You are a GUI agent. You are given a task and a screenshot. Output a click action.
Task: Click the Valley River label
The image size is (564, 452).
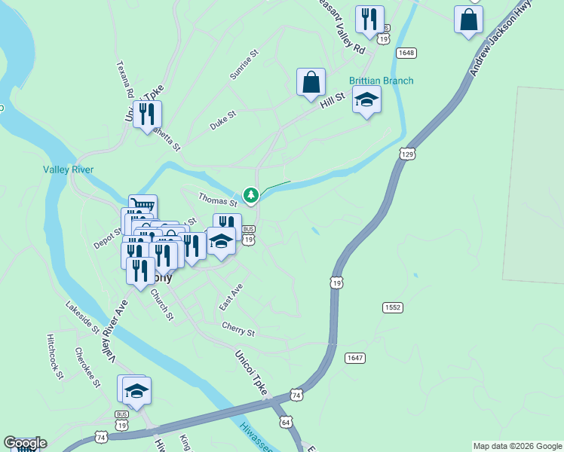pyautogui.click(x=69, y=169)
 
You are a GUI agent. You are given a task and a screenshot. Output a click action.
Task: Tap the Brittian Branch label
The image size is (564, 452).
pyautogui.click(x=381, y=81)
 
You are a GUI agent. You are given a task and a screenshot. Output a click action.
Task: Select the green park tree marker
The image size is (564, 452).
pyautogui.click(x=250, y=196)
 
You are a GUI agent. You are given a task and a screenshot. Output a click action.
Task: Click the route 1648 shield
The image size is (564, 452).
pyautogui.click(x=406, y=52)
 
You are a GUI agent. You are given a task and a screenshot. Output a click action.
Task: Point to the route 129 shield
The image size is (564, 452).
pyautogui.click(x=408, y=154)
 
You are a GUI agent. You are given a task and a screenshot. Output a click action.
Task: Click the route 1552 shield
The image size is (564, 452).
pyautogui.click(x=393, y=307)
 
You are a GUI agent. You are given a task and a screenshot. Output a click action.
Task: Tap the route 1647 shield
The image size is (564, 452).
pyautogui.click(x=354, y=357)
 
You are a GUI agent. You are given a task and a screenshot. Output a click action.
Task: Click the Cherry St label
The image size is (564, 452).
pyautogui.click(x=238, y=328)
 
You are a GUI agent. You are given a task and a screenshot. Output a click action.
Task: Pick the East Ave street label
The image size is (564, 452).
pyautogui.click(x=231, y=298)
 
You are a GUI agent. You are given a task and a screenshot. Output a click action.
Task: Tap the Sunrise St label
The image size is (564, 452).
pyautogui.click(x=244, y=65)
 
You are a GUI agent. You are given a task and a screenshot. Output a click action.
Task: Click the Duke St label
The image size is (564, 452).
pyautogui.click(x=223, y=120)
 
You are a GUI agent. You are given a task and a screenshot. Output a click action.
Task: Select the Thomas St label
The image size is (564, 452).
pyautogui.click(x=218, y=200)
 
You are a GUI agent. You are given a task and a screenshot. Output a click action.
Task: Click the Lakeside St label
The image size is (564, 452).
pyautogui.click(x=82, y=319)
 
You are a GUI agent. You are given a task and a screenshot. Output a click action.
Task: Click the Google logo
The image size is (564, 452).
pyautogui.click(x=25, y=443)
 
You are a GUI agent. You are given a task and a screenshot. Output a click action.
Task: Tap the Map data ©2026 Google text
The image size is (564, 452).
pyautogui.click(x=516, y=446)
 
